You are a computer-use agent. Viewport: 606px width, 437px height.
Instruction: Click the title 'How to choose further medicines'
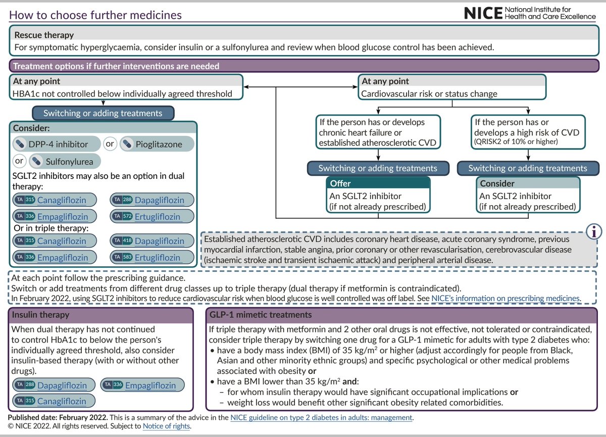(x=95, y=15)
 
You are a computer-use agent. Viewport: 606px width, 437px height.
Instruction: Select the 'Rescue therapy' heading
(x=44, y=35)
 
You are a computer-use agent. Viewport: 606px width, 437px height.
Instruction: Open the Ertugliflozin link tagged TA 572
(x=157, y=217)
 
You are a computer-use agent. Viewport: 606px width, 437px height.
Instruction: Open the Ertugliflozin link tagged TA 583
(x=157, y=257)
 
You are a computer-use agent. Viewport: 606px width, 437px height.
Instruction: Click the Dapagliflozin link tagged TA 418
(x=159, y=241)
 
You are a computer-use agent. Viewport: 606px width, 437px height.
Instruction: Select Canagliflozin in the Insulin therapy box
(x=61, y=401)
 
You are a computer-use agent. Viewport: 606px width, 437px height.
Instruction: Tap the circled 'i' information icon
(x=593, y=231)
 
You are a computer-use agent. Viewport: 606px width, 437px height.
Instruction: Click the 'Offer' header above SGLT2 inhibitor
(x=340, y=183)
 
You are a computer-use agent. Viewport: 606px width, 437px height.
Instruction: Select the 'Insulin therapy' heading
(x=41, y=315)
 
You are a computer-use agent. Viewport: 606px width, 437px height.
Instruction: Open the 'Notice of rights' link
(x=167, y=426)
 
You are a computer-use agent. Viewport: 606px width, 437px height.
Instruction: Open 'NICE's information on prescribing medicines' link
(x=505, y=298)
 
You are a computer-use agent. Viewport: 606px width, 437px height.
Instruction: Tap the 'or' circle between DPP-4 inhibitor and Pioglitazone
(x=110, y=144)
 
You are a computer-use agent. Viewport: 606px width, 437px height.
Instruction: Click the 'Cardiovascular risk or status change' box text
(x=429, y=93)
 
